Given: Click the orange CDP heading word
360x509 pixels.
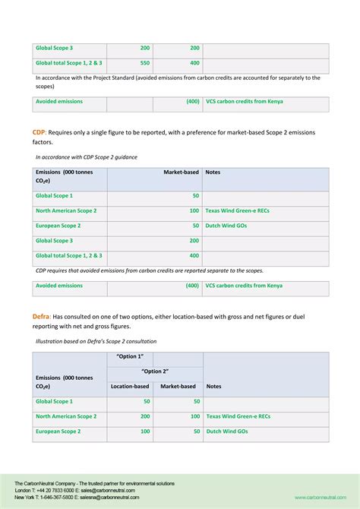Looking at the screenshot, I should tap(39, 132).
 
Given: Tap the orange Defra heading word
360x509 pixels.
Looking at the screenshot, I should tap(43, 315).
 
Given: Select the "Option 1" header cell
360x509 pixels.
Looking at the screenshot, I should tap(130, 357).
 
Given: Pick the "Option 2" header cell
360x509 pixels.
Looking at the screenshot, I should tap(155, 371).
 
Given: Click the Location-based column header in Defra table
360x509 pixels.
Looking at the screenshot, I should tap(130, 386).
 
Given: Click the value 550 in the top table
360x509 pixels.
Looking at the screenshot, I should tap(144, 63).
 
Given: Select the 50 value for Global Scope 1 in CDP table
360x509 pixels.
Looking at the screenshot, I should tap(195, 196).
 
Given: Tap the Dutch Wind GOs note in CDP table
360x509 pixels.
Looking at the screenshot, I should tap(226, 226).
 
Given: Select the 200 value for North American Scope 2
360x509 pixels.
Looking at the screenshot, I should tap(144, 416).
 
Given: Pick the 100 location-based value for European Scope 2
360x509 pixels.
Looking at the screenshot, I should tap(144, 432).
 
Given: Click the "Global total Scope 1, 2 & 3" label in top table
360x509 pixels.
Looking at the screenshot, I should tap(69, 63).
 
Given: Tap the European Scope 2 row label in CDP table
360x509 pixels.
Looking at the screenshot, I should tap(58, 226).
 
